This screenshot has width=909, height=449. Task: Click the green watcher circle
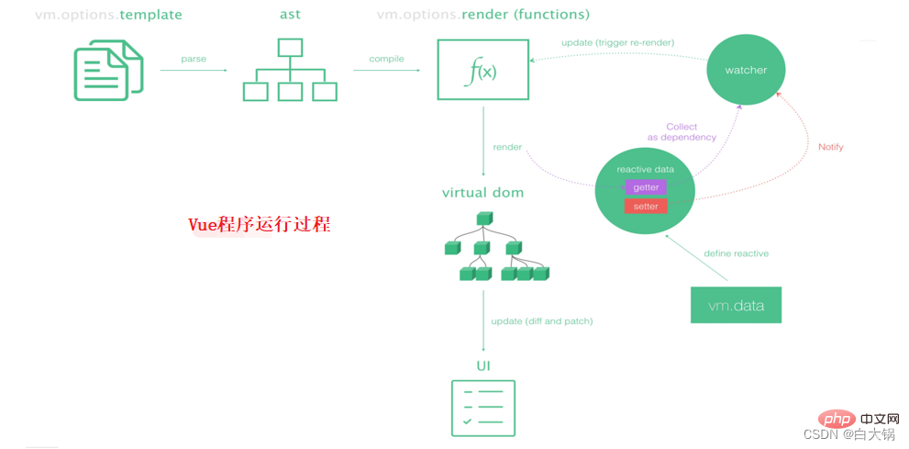click(746, 70)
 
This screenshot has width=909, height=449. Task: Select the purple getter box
click(646, 187)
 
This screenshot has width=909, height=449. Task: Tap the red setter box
click(646, 207)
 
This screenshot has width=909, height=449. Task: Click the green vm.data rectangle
click(736, 305)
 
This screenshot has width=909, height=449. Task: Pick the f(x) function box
click(482, 70)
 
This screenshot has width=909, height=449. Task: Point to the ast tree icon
click(290, 71)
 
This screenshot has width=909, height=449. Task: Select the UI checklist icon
click(483, 409)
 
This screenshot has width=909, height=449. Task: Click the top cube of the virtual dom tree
click(483, 219)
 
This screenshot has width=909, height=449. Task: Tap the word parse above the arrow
click(194, 59)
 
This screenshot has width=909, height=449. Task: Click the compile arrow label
click(386, 59)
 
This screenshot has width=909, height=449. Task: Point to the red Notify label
click(830, 147)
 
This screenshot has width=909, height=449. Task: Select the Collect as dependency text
click(682, 132)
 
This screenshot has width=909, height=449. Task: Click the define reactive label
click(736, 253)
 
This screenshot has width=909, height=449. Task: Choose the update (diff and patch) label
click(541, 321)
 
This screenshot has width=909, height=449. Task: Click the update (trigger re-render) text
click(618, 43)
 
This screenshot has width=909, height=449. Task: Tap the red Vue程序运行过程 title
click(259, 225)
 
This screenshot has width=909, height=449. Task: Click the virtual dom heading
click(482, 193)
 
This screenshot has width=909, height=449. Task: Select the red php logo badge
click(837, 420)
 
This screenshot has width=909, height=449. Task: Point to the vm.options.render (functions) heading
click(482, 15)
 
